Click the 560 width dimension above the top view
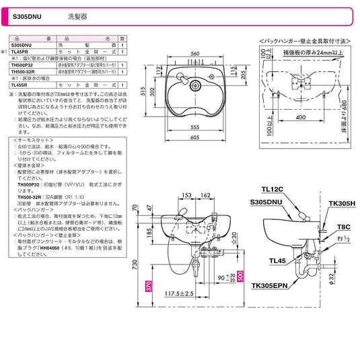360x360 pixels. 195,55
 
